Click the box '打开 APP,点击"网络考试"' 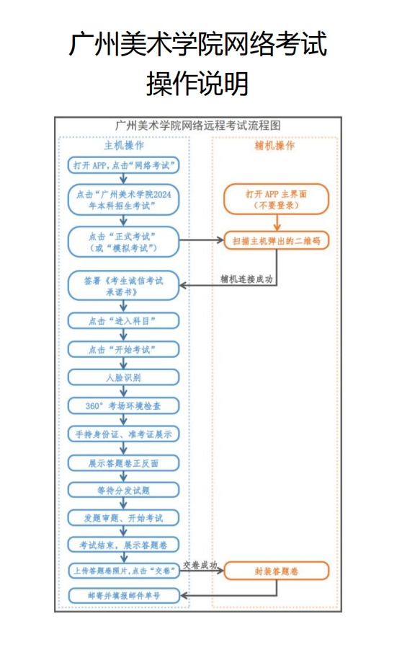(x=124, y=165)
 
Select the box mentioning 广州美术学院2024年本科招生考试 (x=124, y=200)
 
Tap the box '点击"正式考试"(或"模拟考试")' (x=124, y=242)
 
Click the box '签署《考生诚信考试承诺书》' (x=124, y=286)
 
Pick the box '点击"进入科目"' (x=124, y=321)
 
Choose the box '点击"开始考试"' (x=124, y=349)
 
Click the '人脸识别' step (x=124, y=377)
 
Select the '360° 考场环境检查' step (x=124, y=405)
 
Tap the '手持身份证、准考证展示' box (x=124, y=434)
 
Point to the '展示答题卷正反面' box (x=124, y=463)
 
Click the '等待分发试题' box (x=124, y=491)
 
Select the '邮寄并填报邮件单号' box (x=124, y=595)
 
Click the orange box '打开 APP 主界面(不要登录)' (x=276, y=200)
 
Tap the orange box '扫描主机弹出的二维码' (x=276, y=241)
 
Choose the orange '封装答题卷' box (x=276, y=571)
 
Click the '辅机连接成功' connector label (x=246, y=279)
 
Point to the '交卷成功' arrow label (x=200, y=565)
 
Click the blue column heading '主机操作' (x=124, y=145)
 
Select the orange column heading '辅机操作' (x=275, y=145)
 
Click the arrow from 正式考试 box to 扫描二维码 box (x=201, y=240)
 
